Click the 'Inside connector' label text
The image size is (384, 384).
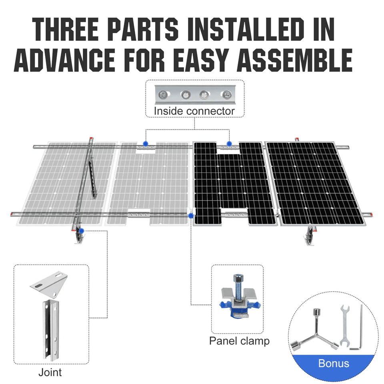pyautogui.click(x=194, y=111)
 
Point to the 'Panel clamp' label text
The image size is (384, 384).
pyautogui.click(x=239, y=341)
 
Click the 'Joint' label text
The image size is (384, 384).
pyautogui.click(x=50, y=372)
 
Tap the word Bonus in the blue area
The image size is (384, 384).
pyautogui.click(x=334, y=364)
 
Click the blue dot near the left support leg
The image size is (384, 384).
pyautogui.click(x=81, y=231)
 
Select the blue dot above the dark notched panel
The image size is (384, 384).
pyautogui.click(x=229, y=143)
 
